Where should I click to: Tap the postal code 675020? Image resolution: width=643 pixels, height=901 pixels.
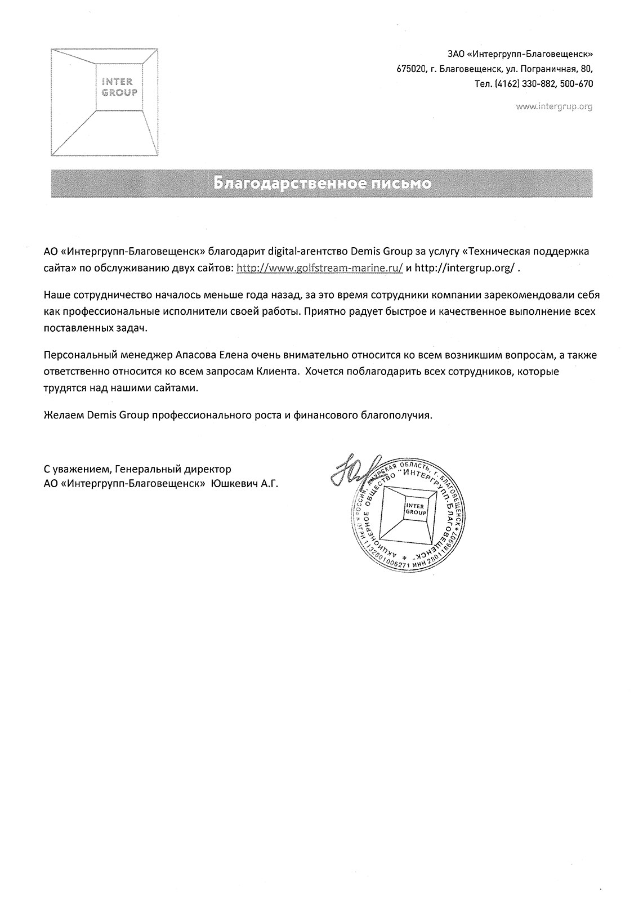(412, 69)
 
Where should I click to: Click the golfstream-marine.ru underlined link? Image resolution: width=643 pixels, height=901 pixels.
(319, 269)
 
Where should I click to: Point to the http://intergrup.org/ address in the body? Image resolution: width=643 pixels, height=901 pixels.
(465, 269)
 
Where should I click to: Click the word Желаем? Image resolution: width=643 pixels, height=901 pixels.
(63, 416)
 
